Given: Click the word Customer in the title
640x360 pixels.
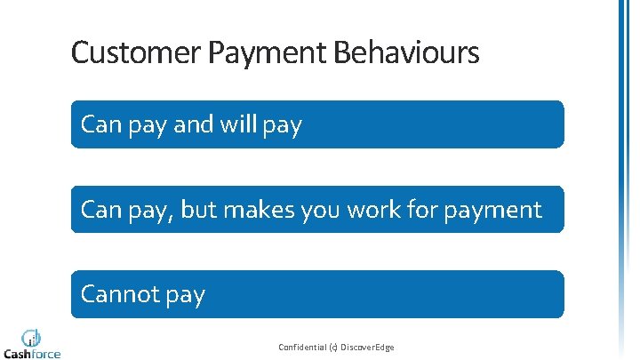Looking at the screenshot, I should point(136,53).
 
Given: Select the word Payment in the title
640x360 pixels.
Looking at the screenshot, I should point(267,53).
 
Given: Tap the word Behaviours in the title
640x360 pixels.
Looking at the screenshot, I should point(406,53).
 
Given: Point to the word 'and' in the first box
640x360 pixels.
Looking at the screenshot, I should point(193,124).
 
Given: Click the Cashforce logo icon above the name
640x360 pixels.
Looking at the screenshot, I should point(32,337).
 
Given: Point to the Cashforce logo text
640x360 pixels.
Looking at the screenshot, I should point(32,353).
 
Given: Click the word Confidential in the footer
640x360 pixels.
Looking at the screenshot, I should point(302,347).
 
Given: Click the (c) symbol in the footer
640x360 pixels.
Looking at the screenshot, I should point(332,347).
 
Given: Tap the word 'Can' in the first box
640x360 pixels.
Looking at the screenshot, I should point(100,124).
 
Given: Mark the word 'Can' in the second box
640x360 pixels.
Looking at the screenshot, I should point(100,210).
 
